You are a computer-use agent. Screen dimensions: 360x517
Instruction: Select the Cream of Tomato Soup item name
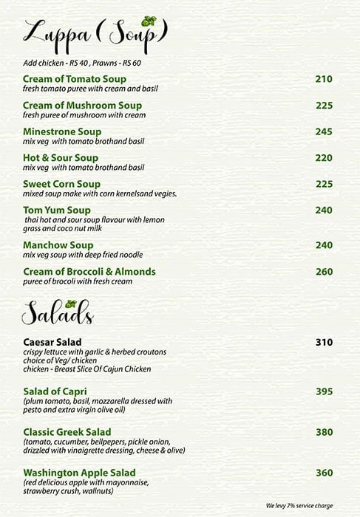tap(75, 79)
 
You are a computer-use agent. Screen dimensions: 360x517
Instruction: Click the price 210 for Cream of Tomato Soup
tap(324, 79)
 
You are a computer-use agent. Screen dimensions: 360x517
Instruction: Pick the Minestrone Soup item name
tap(62, 131)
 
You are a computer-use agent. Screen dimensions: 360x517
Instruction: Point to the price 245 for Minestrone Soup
tap(324, 131)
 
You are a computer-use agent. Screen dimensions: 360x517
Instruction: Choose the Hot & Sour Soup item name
tap(61, 158)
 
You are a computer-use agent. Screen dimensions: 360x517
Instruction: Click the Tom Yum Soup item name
tap(58, 210)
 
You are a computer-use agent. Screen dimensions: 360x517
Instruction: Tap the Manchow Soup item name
tap(58, 245)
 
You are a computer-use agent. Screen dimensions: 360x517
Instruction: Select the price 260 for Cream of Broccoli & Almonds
tap(324, 272)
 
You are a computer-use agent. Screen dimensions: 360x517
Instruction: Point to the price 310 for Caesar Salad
tap(324, 342)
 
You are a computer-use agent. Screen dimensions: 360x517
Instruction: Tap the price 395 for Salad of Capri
tap(324, 391)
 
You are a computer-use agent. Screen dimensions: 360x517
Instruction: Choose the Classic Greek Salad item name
tap(67, 432)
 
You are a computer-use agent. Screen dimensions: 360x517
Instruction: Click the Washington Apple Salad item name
tap(79, 473)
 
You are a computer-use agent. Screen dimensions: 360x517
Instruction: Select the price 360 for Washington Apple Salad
tap(324, 473)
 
